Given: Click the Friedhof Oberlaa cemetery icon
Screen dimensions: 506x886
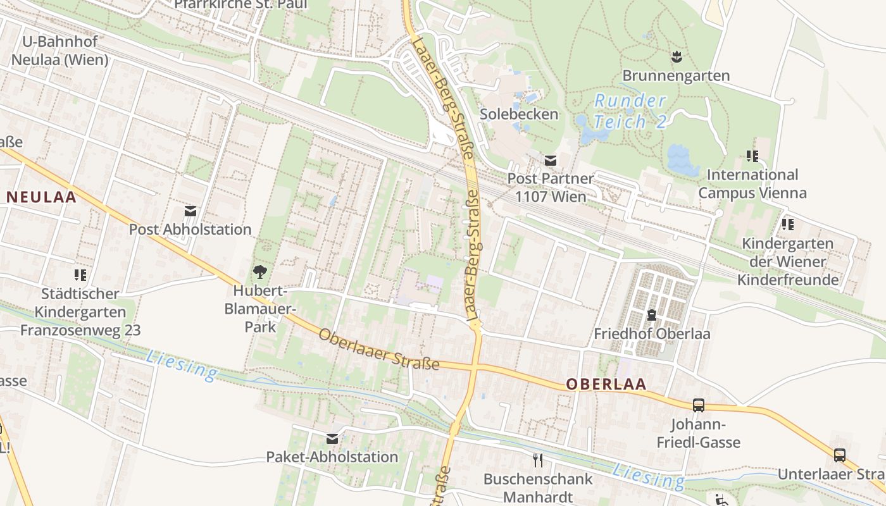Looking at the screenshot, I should [x=651, y=314].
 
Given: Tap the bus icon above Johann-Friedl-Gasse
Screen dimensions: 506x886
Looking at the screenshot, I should [x=699, y=405].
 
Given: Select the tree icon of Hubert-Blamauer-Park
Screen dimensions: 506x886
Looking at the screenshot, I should [x=259, y=273].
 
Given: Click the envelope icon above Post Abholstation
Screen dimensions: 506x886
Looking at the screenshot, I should [x=190, y=211].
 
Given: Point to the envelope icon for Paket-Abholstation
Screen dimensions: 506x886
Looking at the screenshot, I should [x=332, y=438].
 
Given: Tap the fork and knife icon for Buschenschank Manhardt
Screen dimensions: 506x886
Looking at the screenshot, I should [x=538, y=460].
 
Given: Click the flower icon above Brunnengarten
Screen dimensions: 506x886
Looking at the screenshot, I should [x=677, y=56].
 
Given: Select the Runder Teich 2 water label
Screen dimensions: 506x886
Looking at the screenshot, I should [x=630, y=111].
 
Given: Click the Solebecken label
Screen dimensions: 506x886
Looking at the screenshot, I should [x=519, y=114].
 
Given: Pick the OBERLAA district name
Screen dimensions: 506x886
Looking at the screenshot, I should [x=606, y=384].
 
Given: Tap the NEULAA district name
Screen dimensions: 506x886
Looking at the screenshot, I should [x=42, y=197].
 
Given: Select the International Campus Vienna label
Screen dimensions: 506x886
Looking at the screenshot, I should [x=752, y=183].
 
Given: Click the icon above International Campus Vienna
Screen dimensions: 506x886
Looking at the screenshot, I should [x=752, y=156].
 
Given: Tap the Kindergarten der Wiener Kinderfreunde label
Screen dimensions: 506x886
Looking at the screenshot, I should [x=788, y=261].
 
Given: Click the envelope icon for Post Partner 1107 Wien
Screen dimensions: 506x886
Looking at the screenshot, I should [x=551, y=160].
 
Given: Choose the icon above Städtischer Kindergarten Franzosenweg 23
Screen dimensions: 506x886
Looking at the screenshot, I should [x=80, y=275].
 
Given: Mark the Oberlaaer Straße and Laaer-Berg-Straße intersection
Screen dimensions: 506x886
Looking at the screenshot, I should [x=474, y=367].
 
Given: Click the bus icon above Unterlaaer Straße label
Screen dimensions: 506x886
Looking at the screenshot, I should [x=839, y=455].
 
